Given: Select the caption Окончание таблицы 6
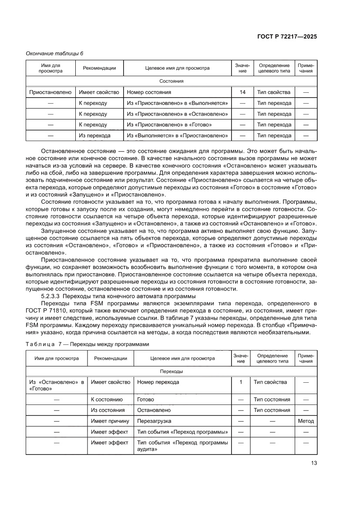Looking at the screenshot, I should pyautogui.click(x=55, y=54).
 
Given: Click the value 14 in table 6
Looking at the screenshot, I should pyautogui.click(x=242, y=92).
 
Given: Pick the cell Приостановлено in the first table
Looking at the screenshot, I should pyautogui.click(x=50, y=92).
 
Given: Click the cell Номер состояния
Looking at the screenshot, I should pyautogui.click(x=149, y=92).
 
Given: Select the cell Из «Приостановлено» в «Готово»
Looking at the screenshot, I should pyautogui.click(x=169, y=125).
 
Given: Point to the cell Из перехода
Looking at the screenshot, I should pyautogui.click(x=94, y=136).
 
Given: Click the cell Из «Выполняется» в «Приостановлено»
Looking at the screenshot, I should pyautogui.click(x=178, y=136).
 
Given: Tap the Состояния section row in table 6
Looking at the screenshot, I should pyautogui.click(x=171, y=81).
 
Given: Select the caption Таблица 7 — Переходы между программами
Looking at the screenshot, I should pyautogui.click(x=87, y=344).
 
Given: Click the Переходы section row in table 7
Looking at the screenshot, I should pyautogui.click(x=171, y=371).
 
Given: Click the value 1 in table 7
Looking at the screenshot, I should pyautogui.click(x=240, y=382).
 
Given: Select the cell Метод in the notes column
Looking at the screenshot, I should pyautogui.click(x=306, y=421).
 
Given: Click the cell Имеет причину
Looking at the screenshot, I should pyautogui.click(x=110, y=421).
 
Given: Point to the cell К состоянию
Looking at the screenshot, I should pyautogui.click(x=107, y=399).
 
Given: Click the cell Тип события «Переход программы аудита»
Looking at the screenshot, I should pyautogui.click(x=182, y=446).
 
